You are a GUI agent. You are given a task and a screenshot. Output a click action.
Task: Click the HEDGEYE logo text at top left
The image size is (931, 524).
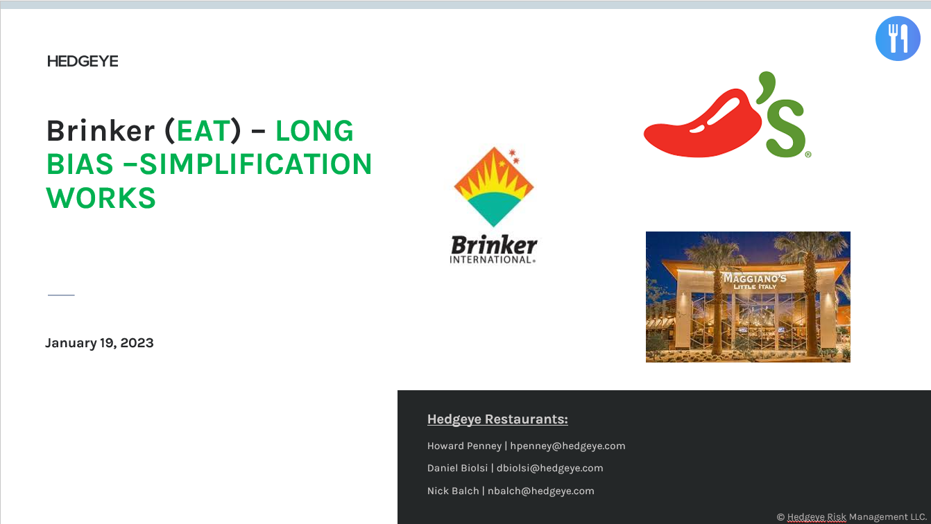coord(83,62)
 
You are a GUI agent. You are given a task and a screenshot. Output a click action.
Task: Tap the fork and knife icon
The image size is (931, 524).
coord(898,39)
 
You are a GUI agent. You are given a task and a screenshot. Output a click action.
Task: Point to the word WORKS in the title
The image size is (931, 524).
coord(101,198)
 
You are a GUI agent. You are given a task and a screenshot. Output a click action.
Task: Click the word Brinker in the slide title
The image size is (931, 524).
coord(101,131)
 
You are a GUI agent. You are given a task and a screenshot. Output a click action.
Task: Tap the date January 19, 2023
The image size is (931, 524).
coord(99,343)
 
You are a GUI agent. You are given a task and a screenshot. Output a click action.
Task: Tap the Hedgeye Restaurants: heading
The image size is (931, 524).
coord(497,419)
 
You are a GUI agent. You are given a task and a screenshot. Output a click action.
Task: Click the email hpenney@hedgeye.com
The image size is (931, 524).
coord(567,446)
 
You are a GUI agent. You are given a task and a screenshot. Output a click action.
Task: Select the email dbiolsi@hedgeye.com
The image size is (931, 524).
coord(549,468)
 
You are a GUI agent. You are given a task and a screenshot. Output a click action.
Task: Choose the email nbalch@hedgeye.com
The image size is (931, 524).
coord(540,491)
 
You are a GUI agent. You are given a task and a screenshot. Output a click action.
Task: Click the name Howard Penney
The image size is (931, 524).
coord(463,446)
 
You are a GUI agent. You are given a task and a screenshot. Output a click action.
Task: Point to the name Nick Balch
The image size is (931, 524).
coord(452,491)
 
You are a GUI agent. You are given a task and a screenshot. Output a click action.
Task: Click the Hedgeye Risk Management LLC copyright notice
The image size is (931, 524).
coord(851,517)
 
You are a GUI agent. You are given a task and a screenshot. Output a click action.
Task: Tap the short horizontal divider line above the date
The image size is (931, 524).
coord(61,295)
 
